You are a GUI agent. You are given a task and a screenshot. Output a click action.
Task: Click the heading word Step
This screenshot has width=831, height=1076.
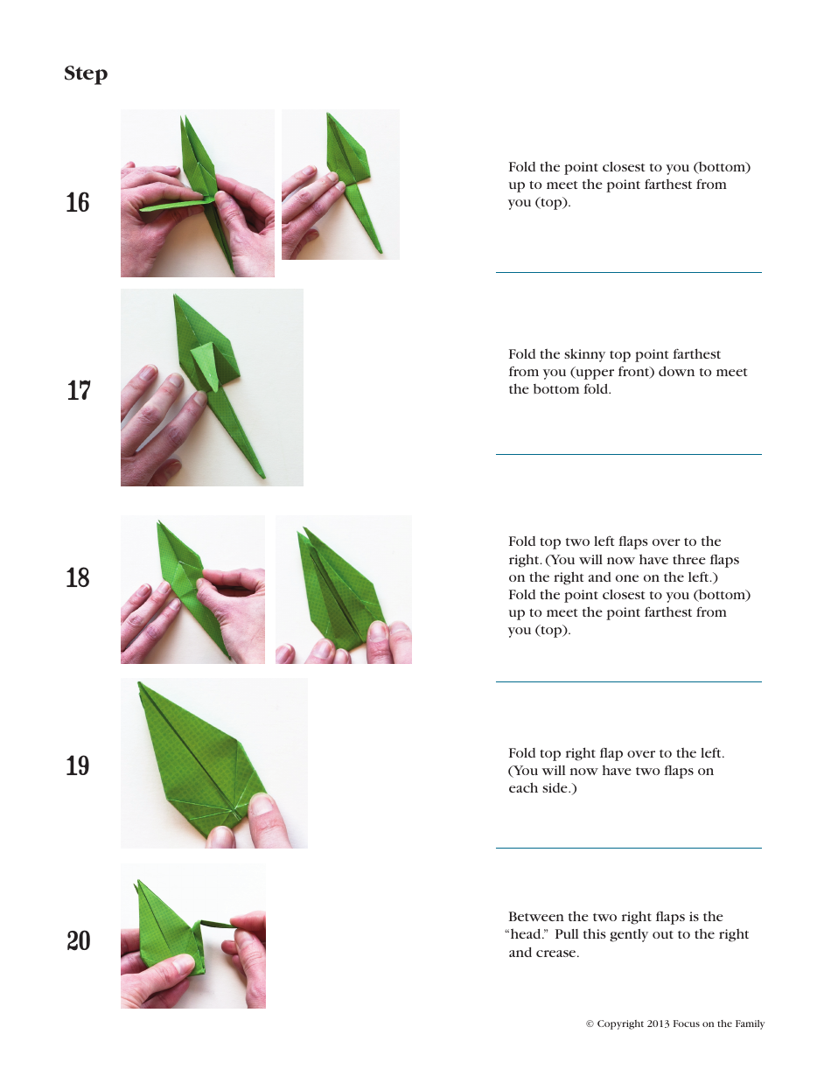[86, 74]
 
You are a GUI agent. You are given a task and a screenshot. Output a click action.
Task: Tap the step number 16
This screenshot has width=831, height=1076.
[78, 203]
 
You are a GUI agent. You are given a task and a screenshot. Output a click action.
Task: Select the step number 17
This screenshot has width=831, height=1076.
[79, 390]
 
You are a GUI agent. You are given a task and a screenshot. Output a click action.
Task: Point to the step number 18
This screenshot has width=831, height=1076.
[78, 578]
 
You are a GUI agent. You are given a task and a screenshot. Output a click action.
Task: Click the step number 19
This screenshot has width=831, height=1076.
[78, 766]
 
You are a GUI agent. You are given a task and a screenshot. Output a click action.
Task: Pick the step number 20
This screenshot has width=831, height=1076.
[79, 941]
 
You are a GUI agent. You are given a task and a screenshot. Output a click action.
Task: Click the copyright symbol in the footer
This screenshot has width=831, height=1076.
[590, 1024]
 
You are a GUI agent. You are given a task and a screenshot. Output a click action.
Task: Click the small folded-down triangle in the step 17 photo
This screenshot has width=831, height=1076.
[204, 363]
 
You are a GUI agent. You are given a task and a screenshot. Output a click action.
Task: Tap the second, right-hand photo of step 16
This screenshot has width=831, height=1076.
[340, 185]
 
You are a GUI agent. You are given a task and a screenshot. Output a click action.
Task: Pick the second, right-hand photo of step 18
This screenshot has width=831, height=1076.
[343, 590]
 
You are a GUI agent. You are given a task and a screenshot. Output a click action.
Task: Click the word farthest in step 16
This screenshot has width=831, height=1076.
[677, 185]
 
